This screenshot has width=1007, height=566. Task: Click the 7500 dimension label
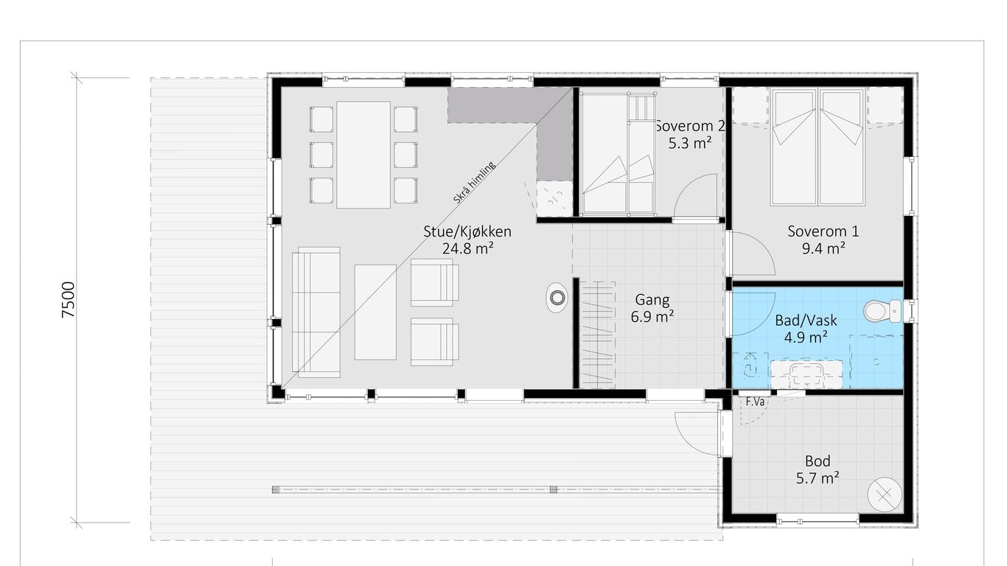click(x=69, y=300)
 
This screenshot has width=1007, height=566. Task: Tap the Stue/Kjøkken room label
click(x=467, y=231)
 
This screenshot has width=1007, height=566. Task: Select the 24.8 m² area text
click(x=468, y=248)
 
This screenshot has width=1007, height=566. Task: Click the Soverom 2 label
click(x=689, y=126)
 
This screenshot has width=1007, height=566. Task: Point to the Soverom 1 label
click(x=823, y=231)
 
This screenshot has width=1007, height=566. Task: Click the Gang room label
click(x=652, y=300)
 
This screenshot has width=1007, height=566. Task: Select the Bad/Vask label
click(x=806, y=321)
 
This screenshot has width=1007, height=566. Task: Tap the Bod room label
click(x=818, y=461)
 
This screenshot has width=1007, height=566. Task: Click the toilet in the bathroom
click(x=882, y=311)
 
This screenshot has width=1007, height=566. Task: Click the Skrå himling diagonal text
click(x=474, y=183)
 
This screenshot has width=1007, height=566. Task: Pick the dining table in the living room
click(x=363, y=155)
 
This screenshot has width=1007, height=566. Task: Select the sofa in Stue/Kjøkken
click(x=316, y=312)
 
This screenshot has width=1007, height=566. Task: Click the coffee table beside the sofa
click(x=375, y=312)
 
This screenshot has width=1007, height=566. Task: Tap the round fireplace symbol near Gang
click(x=557, y=298)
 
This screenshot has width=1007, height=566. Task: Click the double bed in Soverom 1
click(x=818, y=147)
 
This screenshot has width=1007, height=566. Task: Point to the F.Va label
click(x=755, y=402)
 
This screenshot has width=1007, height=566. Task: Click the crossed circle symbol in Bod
click(x=885, y=495)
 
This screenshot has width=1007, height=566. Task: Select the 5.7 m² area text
click(x=818, y=478)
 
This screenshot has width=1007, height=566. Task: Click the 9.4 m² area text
click(x=823, y=248)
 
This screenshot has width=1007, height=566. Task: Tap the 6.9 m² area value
click(x=652, y=317)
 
